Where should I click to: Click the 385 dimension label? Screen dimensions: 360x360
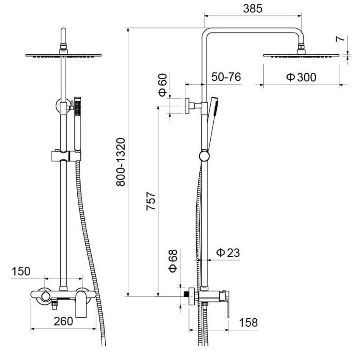click(252, 9)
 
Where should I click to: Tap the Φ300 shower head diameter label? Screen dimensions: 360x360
click(301, 77)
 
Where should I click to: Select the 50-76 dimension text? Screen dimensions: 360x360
click(226, 77)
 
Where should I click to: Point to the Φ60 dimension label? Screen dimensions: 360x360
click(163, 85)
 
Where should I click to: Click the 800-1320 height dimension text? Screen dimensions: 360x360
click(121, 162)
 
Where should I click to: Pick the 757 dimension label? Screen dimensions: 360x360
click(151, 201)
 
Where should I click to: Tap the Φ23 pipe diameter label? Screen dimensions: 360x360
click(228, 253)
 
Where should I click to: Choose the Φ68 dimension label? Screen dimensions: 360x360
click(173, 261)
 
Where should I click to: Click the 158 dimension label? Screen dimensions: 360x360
click(249, 322)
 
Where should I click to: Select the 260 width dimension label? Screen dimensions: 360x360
click(63, 321)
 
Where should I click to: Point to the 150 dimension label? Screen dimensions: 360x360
click(21, 271)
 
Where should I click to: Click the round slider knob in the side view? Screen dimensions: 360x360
click(204, 156)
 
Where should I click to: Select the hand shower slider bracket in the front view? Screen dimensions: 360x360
click(66, 156)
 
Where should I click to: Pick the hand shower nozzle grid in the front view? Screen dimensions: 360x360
click(78, 108)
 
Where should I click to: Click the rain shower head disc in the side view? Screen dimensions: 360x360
click(301, 55)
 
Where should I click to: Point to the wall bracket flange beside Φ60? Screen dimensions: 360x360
click(187, 106)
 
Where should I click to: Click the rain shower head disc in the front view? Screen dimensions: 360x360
click(63, 55)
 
